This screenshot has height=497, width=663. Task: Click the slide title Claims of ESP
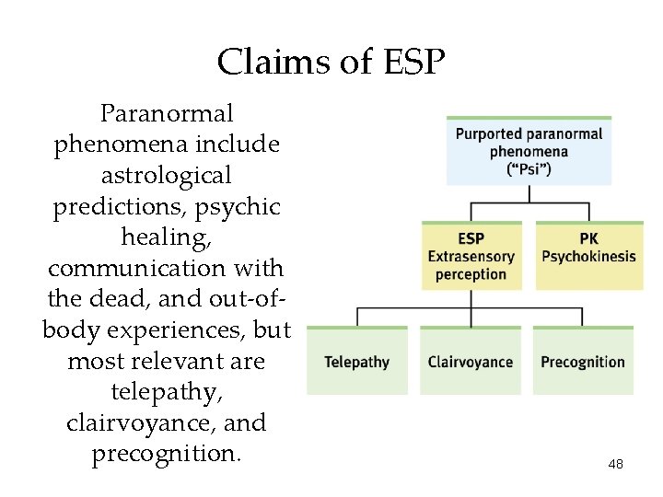331,63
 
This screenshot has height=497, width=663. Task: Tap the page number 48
616,465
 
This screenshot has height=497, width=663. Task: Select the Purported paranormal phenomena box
529,151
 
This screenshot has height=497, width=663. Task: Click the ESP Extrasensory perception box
471,256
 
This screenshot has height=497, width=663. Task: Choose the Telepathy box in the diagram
356,362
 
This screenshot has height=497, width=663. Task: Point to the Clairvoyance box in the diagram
470,362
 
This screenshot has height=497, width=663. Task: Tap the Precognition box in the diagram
583,362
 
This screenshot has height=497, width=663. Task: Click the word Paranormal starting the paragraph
167,114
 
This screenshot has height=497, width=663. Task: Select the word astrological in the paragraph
167,175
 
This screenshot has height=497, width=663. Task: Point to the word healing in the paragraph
166,237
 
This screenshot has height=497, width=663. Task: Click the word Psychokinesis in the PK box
588,256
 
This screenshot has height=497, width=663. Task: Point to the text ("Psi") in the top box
529,168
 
